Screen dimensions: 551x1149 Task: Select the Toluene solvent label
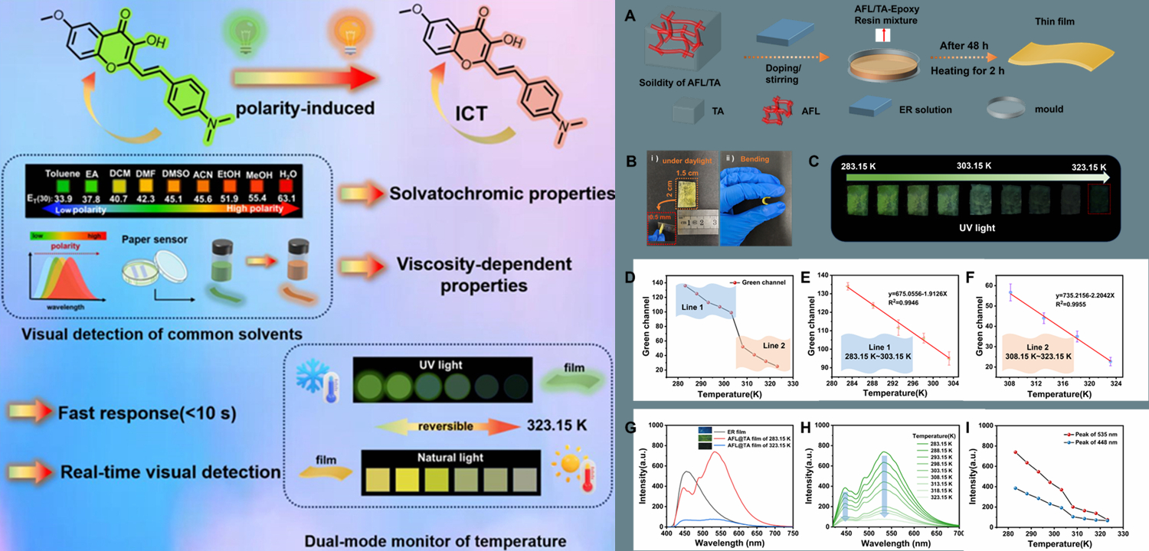[62, 173]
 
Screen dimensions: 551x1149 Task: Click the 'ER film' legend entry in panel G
[725, 430]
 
